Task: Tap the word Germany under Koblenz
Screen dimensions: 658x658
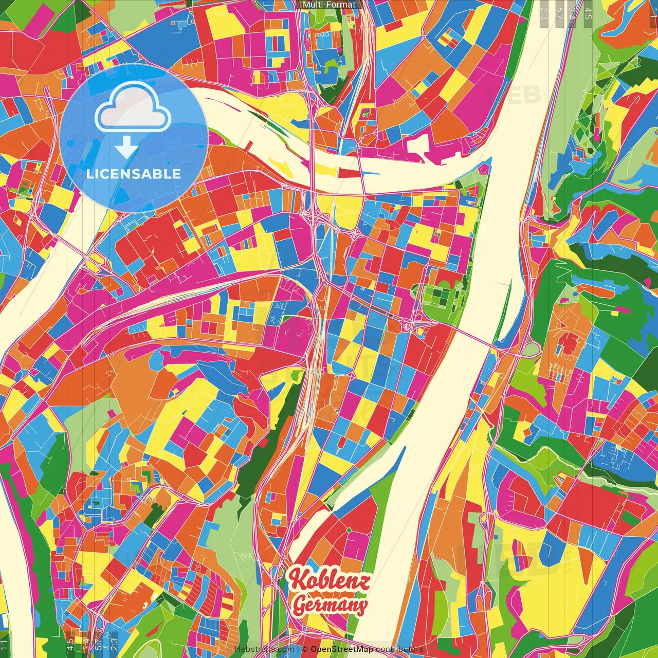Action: point(330,605)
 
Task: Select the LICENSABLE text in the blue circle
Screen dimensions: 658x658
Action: point(134,174)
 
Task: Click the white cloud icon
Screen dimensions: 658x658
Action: point(133,109)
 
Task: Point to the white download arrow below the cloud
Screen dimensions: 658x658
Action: point(126,147)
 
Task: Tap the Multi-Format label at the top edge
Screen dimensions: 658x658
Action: point(329,5)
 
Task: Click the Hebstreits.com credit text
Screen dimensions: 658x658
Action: point(264,649)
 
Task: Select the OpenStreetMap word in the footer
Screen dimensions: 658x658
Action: point(342,649)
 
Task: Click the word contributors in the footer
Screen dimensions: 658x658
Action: point(399,649)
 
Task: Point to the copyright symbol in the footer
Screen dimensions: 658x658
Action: point(305,649)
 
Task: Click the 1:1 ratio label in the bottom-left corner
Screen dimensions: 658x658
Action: point(5,645)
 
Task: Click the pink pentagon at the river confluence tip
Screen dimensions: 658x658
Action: point(484,169)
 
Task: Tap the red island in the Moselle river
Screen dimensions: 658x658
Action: point(349,173)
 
